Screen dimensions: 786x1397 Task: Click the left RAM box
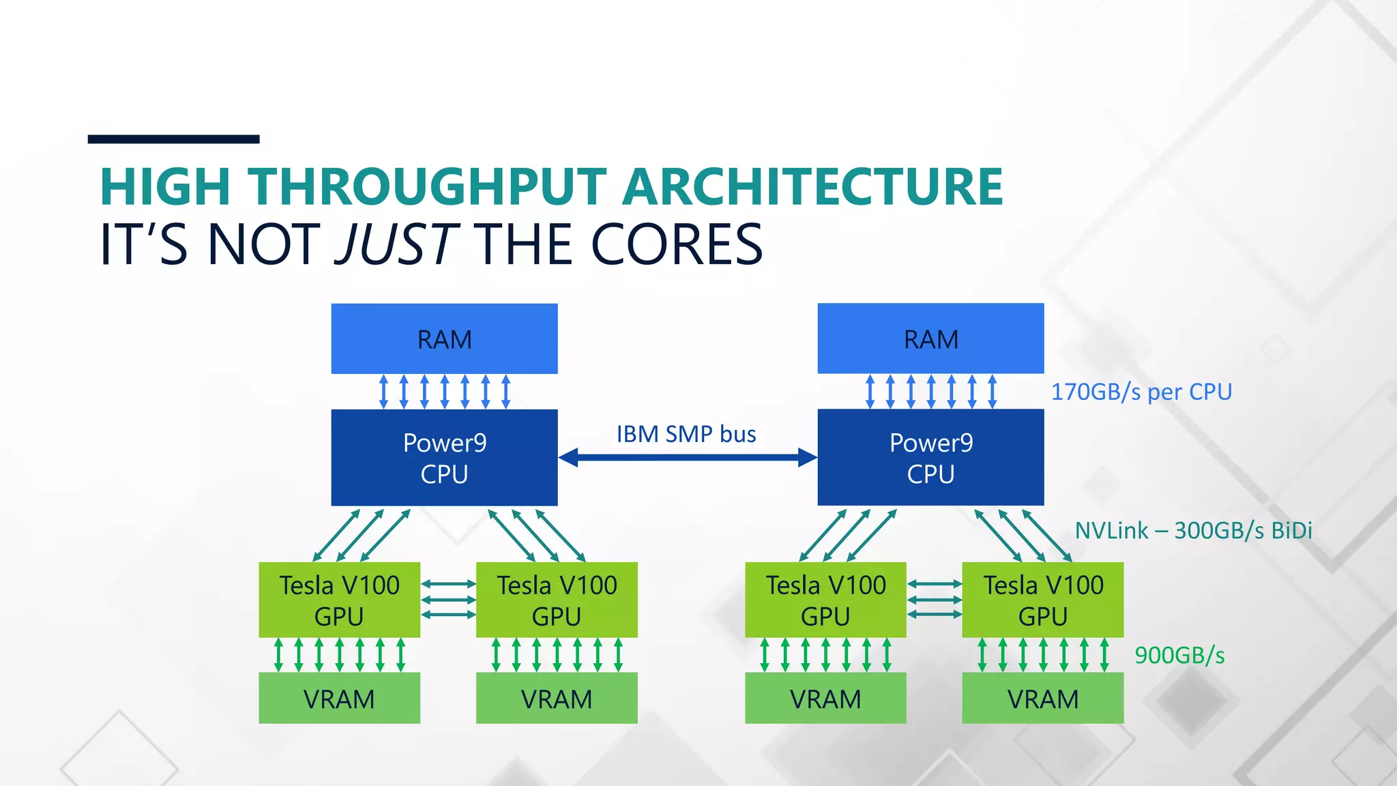(x=444, y=339)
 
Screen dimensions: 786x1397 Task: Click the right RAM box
(x=930, y=339)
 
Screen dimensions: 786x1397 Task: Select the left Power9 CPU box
(x=444, y=458)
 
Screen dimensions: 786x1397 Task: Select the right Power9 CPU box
(x=930, y=458)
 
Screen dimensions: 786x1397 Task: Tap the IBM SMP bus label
(x=686, y=435)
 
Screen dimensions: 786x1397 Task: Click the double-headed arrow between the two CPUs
(x=687, y=458)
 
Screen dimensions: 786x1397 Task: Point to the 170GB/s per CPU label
(x=1141, y=392)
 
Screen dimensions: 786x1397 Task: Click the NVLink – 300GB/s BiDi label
(x=1193, y=531)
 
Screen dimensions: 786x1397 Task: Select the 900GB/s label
(x=1179, y=656)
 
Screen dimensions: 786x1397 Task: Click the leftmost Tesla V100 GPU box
(x=339, y=600)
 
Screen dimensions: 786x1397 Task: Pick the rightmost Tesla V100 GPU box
(x=1042, y=600)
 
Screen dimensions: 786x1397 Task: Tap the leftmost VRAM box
(x=339, y=699)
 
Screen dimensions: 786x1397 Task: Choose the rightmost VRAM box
(x=1042, y=699)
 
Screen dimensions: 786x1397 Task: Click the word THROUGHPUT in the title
(x=427, y=187)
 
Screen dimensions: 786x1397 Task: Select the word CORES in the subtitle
(x=676, y=244)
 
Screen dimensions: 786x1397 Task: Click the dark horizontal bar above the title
(x=173, y=139)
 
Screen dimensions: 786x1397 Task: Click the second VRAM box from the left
(x=557, y=699)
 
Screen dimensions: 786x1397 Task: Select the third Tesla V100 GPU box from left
(x=825, y=600)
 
